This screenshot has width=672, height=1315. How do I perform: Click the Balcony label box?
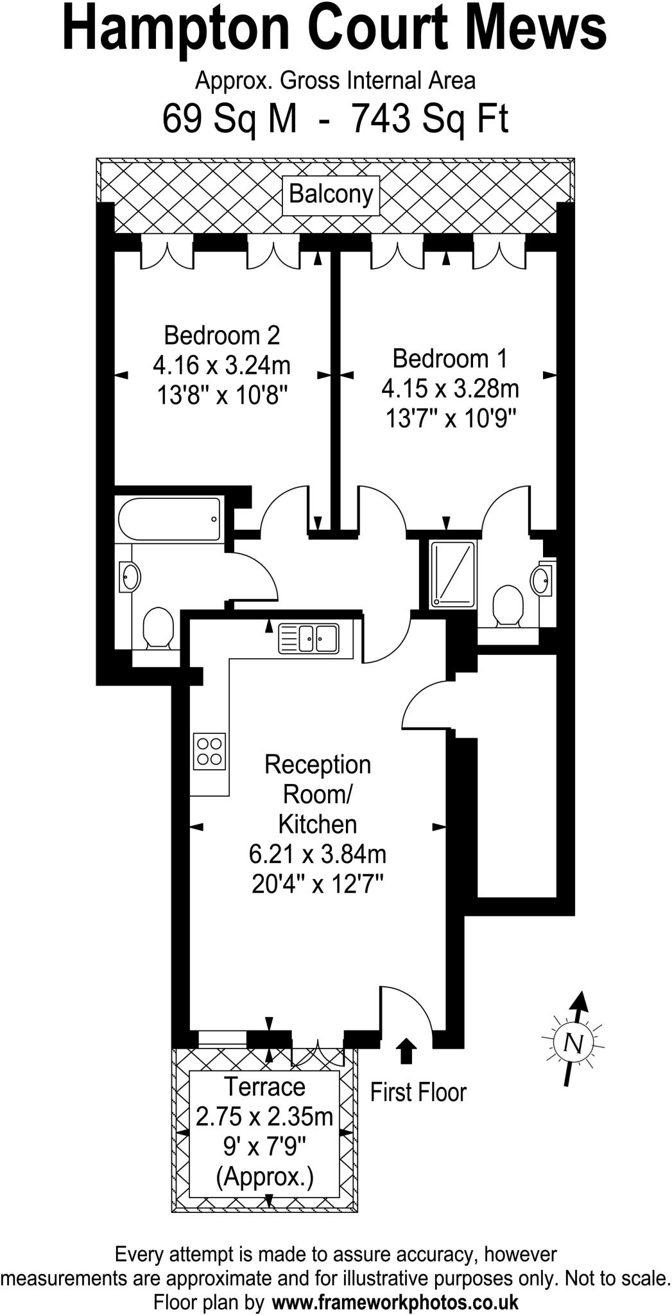click(331, 195)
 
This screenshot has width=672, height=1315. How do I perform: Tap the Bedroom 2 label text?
click(221, 335)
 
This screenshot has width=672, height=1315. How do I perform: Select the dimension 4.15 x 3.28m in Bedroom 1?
click(450, 388)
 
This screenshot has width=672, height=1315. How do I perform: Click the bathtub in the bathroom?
click(170, 519)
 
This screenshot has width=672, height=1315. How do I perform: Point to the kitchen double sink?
click(309, 639)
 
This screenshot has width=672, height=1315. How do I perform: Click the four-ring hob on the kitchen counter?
click(210, 751)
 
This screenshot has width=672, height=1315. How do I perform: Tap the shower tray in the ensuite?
click(453, 574)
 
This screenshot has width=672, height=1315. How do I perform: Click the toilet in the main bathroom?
click(157, 627)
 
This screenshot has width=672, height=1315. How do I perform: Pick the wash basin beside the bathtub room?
click(129, 577)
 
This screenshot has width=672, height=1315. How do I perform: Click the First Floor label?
click(418, 1092)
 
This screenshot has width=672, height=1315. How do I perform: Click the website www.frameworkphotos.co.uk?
click(395, 1303)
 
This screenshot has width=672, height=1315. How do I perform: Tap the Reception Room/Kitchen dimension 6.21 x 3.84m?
click(317, 854)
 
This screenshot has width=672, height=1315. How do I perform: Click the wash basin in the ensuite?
click(542, 579)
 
